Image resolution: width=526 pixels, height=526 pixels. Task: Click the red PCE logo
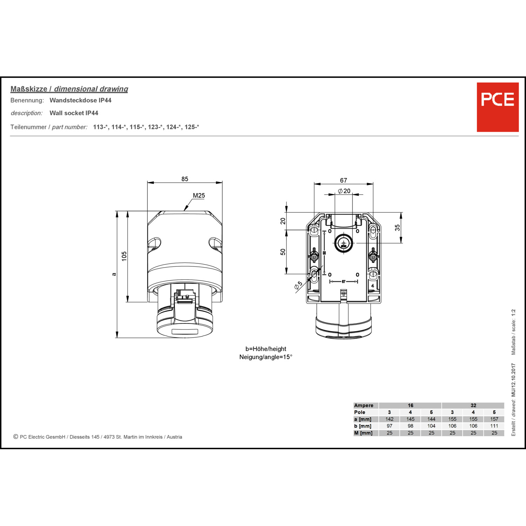coord(497,107)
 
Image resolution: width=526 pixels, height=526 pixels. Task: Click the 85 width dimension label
coord(185,179)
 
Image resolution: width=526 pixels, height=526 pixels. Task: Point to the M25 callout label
coord(199,196)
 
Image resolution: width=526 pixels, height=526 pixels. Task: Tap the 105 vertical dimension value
coord(124,256)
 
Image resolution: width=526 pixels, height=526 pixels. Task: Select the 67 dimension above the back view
coord(343,180)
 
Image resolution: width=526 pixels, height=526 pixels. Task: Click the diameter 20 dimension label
coord(344,191)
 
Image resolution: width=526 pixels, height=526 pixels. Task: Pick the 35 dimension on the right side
coord(397,228)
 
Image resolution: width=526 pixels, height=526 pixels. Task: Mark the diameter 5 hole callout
coord(298,285)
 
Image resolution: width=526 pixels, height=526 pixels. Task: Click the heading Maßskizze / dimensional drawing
coord(69,89)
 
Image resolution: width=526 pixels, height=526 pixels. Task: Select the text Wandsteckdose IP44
coord(80,100)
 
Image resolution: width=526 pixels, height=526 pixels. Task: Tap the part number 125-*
coord(192,127)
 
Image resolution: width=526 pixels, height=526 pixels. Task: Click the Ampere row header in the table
coord(364,405)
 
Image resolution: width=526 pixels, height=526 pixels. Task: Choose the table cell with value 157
coord(494,419)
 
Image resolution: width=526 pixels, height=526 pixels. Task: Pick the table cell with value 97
coord(389,426)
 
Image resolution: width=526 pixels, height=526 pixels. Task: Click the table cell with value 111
coord(494,426)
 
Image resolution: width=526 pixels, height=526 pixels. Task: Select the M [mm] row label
coord(363,433)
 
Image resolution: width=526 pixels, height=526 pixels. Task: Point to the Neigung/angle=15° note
coord(266,357)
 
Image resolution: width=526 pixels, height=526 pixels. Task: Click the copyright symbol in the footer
coord(15,437)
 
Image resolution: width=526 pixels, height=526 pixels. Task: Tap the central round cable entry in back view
coord(343,243)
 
